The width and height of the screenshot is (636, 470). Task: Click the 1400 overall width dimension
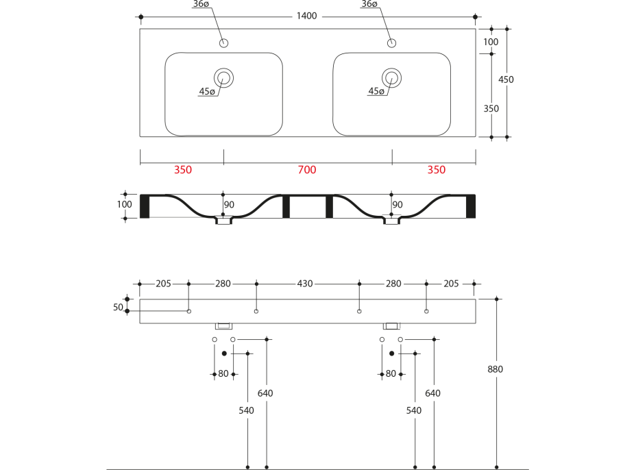[x=307, y=16]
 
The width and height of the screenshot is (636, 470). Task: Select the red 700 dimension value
[x=307, y=170]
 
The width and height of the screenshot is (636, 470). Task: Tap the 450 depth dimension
[x=506, y=79]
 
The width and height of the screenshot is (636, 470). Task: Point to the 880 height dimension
[x=496, y=369]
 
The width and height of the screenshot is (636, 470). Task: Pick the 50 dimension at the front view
[x=118, y=308]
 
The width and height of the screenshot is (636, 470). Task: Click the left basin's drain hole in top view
[x=223, y=77]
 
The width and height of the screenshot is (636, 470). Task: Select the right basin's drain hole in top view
[x=391, y=77]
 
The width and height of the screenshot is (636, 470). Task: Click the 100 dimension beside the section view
[x=124, y=204]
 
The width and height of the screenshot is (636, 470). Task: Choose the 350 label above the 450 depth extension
[x=491, y=108]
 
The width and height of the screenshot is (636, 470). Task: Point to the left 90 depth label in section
[x=229, y=204]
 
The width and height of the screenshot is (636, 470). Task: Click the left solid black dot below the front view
[x=224, y=354]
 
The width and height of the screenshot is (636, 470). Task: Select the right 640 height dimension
[x=432, y=393]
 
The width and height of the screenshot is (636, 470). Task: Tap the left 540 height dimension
[x=246, y=410]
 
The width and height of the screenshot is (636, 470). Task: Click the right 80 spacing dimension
[x=391, y=374]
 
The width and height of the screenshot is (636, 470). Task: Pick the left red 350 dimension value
[x=182, y=170]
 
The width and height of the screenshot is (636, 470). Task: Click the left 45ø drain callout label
[x=207, y=92]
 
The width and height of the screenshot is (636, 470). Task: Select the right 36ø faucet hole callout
[x=369, y=5]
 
